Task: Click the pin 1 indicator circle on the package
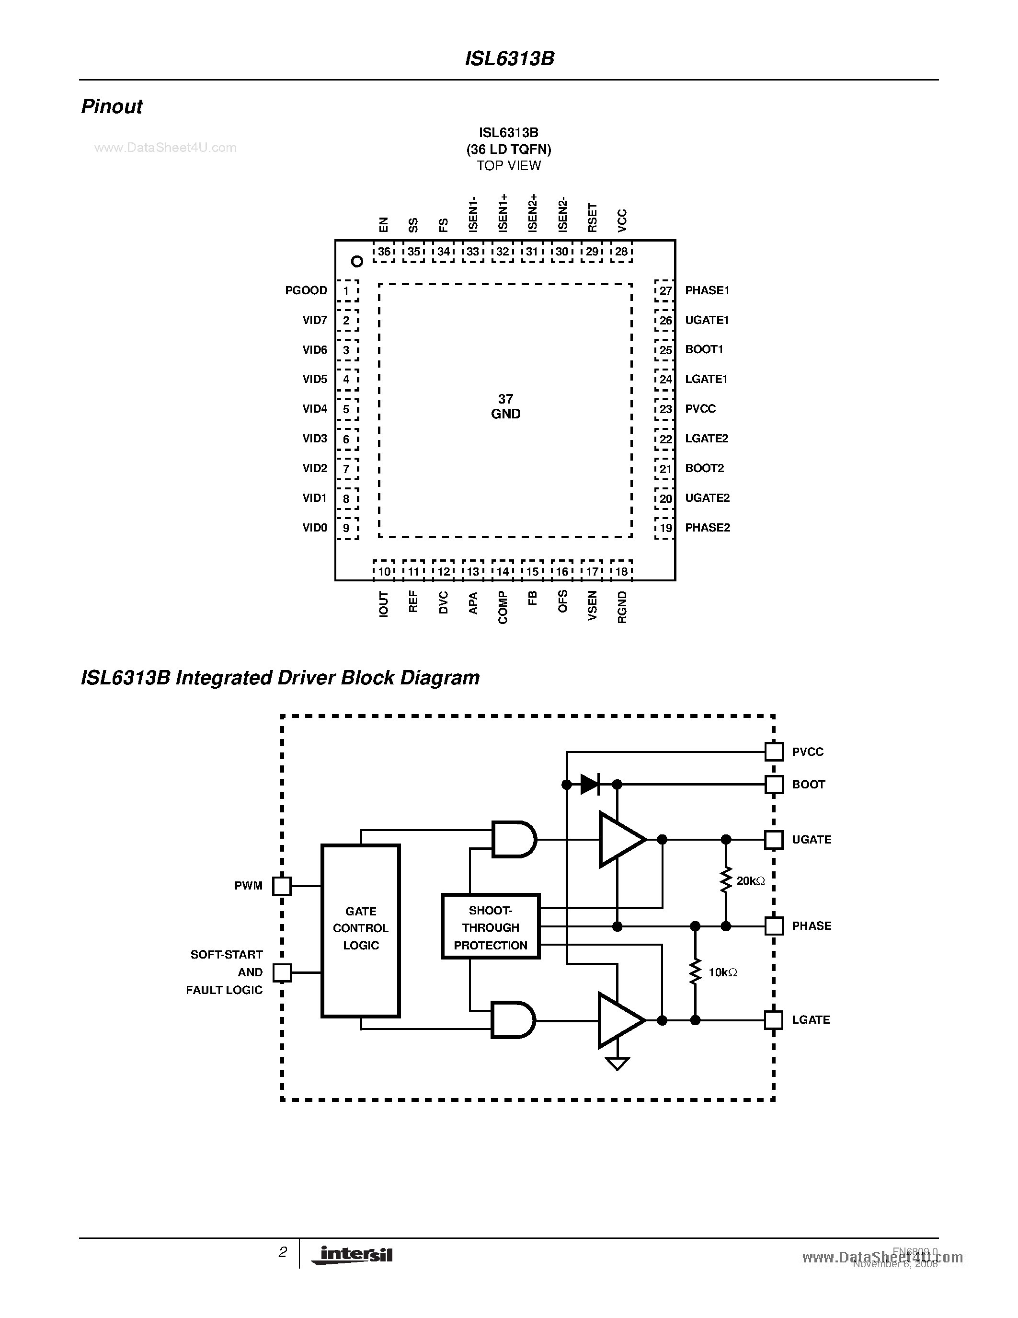pyautogui.click(x=357, y=261)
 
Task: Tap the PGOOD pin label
pyautogui.click(x=306, y=290)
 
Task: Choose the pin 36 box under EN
pyautogui.click(x=384, y=252)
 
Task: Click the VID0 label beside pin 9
pyautogui.click(x=315, y=528)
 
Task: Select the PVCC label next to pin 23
pyautogui.click(x=700, y=408)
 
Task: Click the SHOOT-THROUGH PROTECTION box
pyautogui.click(x=490, y=927)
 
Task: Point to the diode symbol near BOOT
pyautogui.click(x=589, y=785)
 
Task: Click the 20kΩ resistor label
pyautogui.click(x=750, y=881)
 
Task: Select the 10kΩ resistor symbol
pyautogui.click(x=695, y=971)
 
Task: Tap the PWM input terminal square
pyautogui.click(x=282, y=886)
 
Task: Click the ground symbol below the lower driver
pyautogui.click(x=617, y=1064)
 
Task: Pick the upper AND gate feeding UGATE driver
pyautogui.click(x=513, y=839)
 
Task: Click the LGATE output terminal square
pyautogui.click(x=773, y=1020)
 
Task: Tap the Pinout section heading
pyautogui.click(x=112, y=106)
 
